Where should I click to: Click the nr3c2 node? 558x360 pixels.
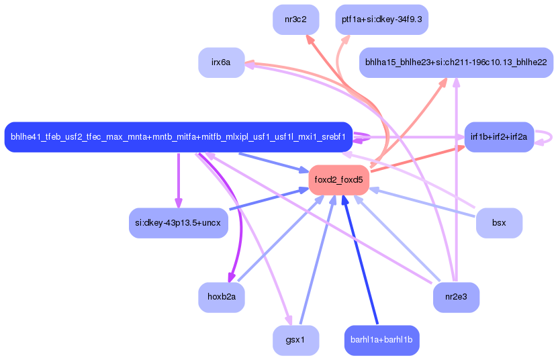(295, 19)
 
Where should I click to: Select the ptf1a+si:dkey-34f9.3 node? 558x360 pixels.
(381, 19)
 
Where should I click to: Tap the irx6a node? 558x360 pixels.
(221, 62)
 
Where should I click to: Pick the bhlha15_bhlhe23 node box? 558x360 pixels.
(455, 62)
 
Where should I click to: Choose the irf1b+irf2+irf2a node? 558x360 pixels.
(499, 137)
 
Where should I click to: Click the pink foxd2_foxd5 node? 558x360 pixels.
(339, 180)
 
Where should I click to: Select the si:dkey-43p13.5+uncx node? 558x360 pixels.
(178, 222)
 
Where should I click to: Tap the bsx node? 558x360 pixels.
(499, 222)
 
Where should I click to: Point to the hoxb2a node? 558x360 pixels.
(221, 297)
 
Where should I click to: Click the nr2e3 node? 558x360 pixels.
(456, 297)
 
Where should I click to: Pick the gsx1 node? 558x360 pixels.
(295, 340)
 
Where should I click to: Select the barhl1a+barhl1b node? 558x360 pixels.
(381, 340)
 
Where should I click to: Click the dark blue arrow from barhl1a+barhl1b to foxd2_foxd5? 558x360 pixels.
(361, 262)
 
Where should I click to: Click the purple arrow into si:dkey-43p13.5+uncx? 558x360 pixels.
(178, 181)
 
